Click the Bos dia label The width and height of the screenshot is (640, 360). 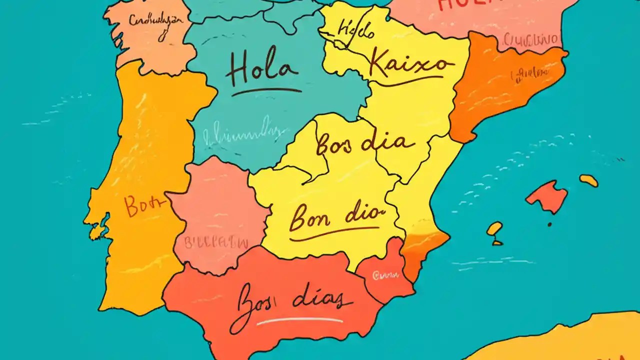click(x=365, y=144)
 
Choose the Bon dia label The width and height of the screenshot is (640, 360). click(x=336, y=216)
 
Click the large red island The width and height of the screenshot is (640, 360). click(x=546, y=195)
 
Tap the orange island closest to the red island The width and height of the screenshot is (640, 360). click(x=588, y=180)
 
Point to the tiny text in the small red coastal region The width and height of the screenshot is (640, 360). click(x=385, y=274)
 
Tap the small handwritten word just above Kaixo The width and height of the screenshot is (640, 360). click(x=355, y=31)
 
